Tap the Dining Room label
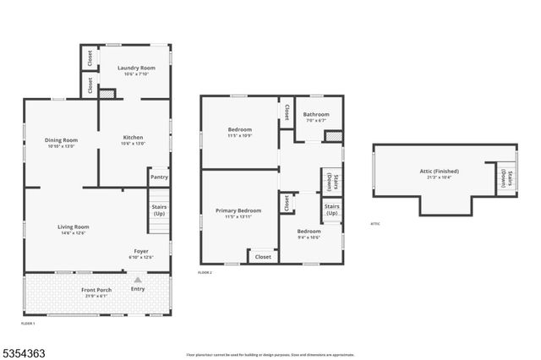[61, 140]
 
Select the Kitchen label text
[134, 138]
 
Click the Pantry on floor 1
[159, 177]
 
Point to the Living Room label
[73, 226]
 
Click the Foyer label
[140, 251]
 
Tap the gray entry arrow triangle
[138, 279]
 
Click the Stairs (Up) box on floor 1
[159, 210]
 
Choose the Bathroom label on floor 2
[316, 115]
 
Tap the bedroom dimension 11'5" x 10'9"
[239, 135]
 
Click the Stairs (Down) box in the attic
[505, 177]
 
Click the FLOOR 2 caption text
[205, 272]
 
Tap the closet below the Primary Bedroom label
[263, 256]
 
